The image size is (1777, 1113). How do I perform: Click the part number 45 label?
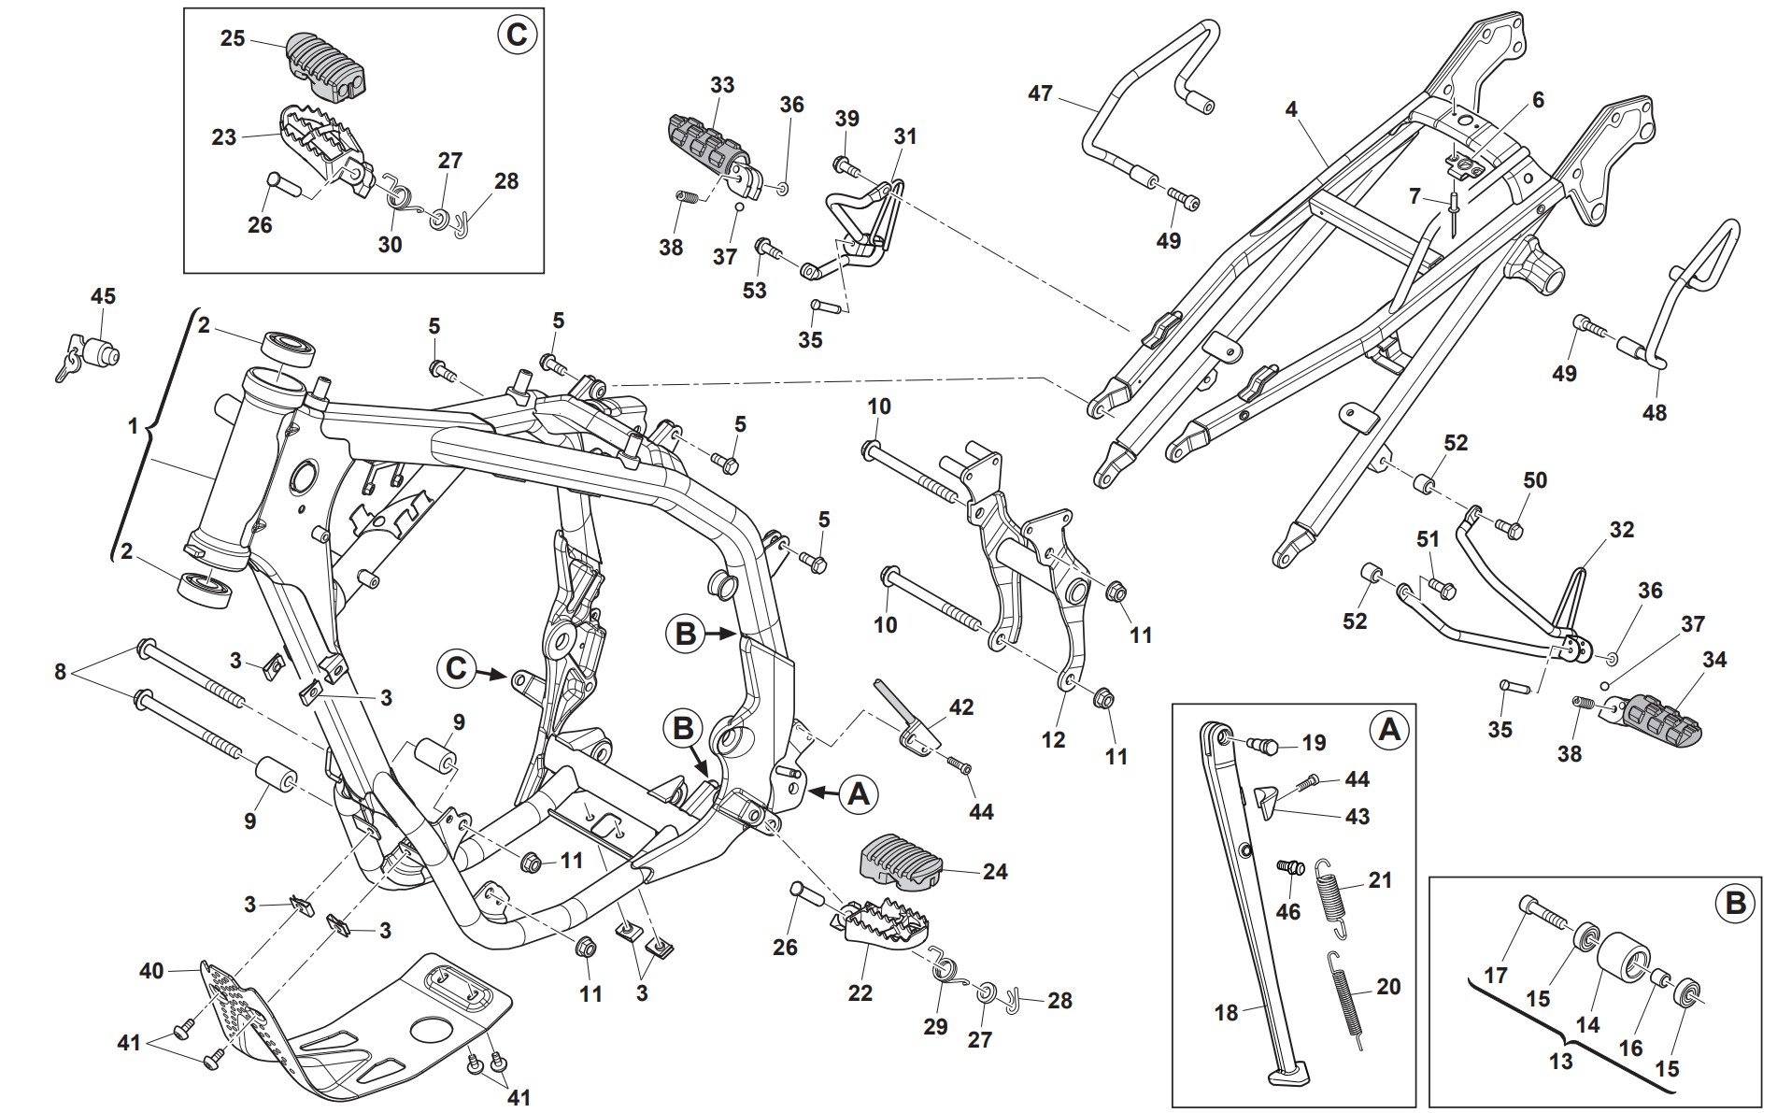(x=103, y=296)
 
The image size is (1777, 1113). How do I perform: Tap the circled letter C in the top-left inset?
(x=516, y=36)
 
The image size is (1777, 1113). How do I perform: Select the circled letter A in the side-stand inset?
(x=1388, y=729)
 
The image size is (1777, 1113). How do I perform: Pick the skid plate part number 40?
(x=151, y=971)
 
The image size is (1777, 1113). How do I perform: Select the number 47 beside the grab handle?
(x=1040, y=93)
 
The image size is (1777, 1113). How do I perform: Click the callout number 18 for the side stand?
(x=1226, y=1012)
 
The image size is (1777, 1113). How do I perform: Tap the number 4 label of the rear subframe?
(x=1291, y=110)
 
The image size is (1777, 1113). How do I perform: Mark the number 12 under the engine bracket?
(x=1053, y=739)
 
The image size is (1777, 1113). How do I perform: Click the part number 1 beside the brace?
(x=133, y=427)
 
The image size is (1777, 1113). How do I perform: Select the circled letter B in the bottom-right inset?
(x=1735, y=905)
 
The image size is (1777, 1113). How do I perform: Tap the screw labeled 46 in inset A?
(x=1290, y=868)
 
